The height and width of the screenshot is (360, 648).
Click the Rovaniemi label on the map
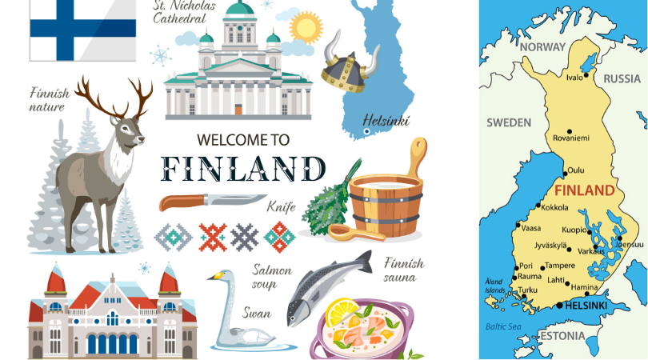(x=571, y=138)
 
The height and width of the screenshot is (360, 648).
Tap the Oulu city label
(x=575, y=170)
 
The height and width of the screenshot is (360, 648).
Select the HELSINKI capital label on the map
(x=586, y=306)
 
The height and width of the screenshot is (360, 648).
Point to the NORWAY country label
(x=542, y=47)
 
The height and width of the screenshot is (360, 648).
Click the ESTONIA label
(x=562, y=335)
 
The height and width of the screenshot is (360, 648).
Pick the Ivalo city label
(x=574, y=77)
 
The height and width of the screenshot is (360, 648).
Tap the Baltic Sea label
(x=502, y=326)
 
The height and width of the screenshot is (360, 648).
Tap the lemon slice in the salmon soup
(x=342, y=309)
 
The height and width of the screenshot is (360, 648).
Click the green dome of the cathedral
(x=239, y=10)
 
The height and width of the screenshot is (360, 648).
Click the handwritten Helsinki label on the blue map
(x=386, y=121)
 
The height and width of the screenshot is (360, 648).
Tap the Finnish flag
(x=82, y=28)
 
